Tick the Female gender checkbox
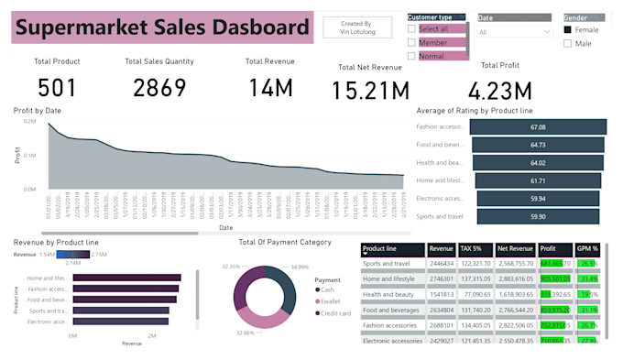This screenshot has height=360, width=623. point(568,29)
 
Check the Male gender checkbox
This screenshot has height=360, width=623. point(568,43)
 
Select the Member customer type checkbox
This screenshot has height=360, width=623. point(412,42)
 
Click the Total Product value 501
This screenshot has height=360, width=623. point(57,87)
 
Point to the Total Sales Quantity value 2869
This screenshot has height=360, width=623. point(158,87)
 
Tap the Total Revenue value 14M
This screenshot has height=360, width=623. point(269,87)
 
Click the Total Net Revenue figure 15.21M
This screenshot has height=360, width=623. point(370,91)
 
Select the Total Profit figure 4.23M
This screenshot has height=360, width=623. point(498,91)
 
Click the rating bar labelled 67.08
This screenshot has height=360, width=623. point(538,127)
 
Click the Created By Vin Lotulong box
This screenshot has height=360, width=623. point(356,27)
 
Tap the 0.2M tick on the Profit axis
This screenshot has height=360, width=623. point(30,121)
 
